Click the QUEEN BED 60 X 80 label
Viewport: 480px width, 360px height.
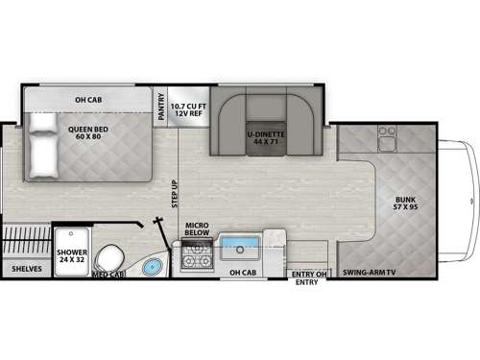pyautogui.click(x=86, y=129)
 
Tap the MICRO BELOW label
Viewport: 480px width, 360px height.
pyautogui.click(x=197, y=230)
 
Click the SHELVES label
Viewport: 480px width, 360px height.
pyautogui.click(x=26, y=269)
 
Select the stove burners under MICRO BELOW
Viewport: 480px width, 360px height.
pyautogui.click(x=196, y=256)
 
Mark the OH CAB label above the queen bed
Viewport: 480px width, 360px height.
pyautogui.click(x=88, y=98)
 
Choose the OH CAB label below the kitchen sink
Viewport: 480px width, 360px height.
pyautogui.click(x=242, y=274)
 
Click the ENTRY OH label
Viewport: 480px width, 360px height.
pyautogui.click(x=306, y=273)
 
